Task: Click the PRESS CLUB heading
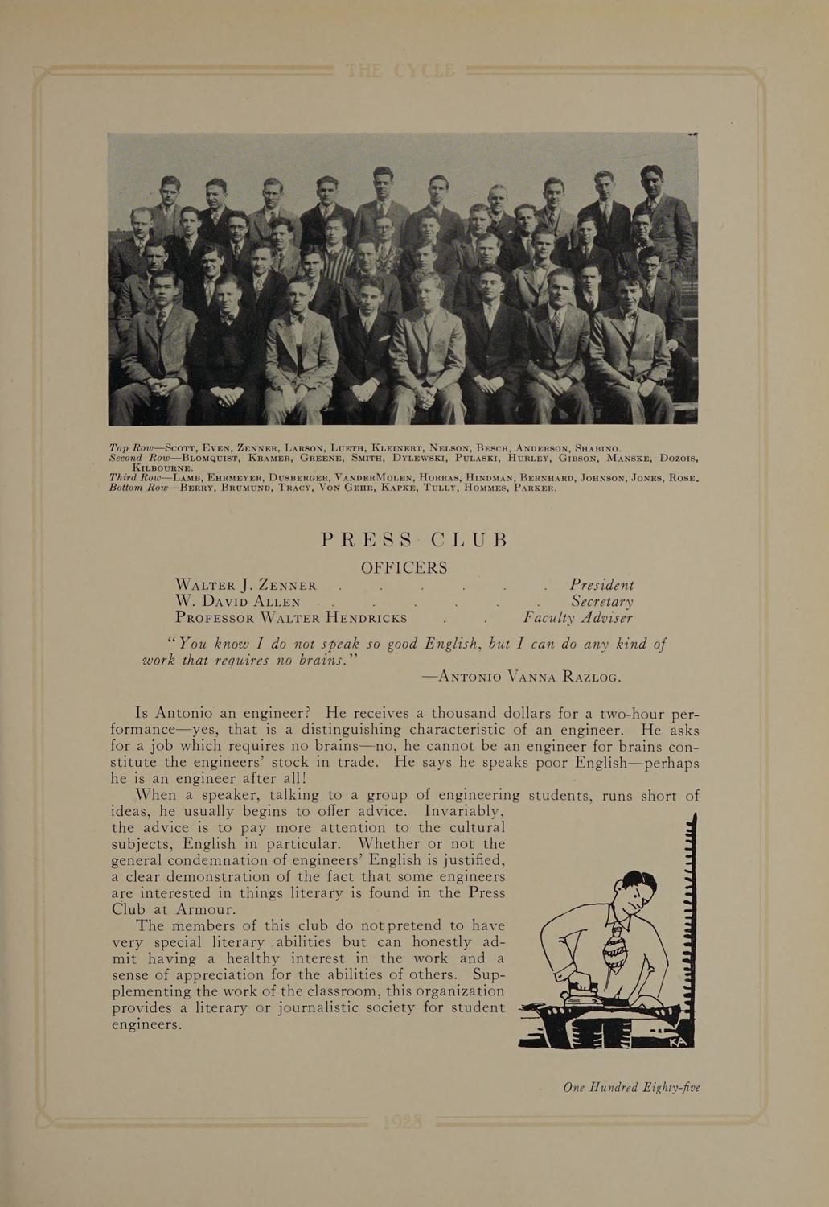tap(414, 539)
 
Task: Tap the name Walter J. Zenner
tap(246, 585)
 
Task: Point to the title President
tap(601, 585)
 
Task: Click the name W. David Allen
tap(238, 602)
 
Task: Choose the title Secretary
tap(602, 602)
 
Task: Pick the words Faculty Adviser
tap(577, 618)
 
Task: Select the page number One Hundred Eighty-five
tap(631, 1087)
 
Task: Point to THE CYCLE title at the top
tap(400, 72)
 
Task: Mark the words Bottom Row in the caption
tap(137, 487)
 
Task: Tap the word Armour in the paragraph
tap(206, 909)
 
